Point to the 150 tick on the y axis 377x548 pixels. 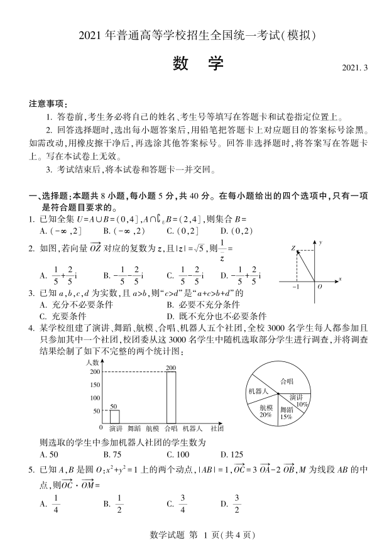pos(96,385)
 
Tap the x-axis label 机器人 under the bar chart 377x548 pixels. pos(192,428)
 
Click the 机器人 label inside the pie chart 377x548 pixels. pos(258,391)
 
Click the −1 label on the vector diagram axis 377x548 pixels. pos(295,286)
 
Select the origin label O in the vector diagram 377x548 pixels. pos(319,286)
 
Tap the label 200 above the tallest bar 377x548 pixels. pos(171,368)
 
